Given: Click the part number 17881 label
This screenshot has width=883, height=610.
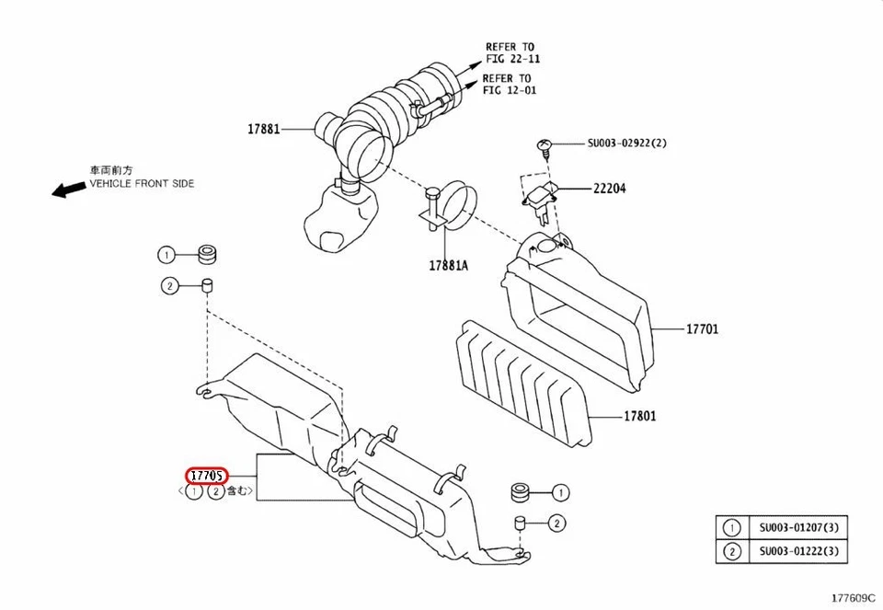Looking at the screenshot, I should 263,130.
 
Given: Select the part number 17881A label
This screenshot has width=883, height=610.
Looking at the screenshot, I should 448,265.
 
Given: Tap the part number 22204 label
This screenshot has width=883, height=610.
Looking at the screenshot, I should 609,188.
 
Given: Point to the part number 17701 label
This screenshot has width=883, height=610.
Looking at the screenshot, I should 703,328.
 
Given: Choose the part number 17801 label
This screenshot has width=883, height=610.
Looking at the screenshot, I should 640,416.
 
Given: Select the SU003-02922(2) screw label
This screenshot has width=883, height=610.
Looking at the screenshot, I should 626,144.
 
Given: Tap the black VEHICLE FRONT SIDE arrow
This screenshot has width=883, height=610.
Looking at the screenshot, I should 66,190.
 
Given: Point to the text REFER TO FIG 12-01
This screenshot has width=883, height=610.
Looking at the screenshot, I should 509,85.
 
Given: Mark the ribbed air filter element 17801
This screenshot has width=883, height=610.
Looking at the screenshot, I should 522,382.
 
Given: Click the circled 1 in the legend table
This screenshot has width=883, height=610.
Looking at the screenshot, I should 732,528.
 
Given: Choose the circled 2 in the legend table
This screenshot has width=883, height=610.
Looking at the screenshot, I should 732,551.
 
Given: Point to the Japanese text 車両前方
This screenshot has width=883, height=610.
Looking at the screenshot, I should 110,170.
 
